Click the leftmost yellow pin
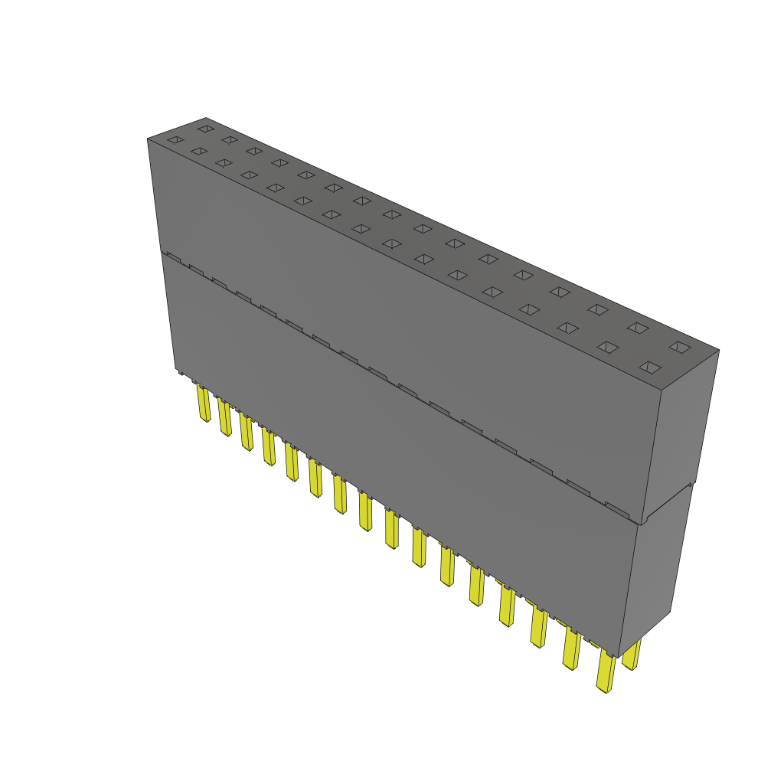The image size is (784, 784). coord(204,403)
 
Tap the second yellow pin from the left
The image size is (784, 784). coord(224,417)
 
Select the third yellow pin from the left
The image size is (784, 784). coord(246,433)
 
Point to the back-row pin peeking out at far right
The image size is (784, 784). coord(632,655)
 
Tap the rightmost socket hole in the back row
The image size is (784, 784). coord(679,347)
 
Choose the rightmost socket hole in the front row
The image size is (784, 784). coord(649,367)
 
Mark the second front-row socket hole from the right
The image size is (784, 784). coord(607,348)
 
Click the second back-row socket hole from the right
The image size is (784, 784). coord(637,328)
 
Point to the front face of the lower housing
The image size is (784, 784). coord(398,459)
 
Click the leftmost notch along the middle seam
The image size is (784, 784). coord(173,256)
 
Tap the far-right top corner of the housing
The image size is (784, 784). coord(718,351)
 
